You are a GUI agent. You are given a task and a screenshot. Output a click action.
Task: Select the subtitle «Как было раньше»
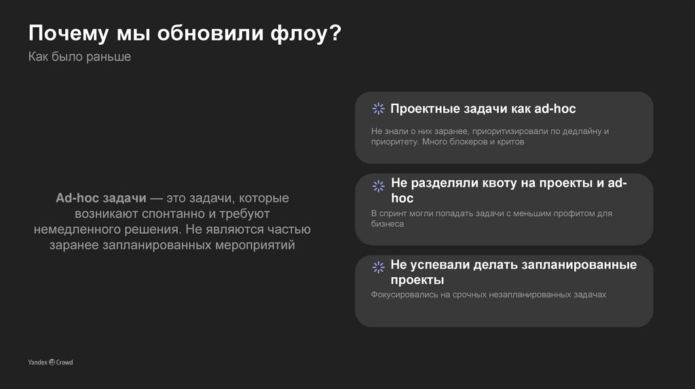coord(79,57)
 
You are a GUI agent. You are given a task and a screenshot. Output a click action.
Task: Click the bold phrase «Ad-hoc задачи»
coord(100,198)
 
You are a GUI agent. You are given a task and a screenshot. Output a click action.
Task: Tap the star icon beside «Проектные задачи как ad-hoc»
coord(378,109)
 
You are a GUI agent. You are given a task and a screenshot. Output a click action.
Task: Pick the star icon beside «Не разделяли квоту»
coord(378,185)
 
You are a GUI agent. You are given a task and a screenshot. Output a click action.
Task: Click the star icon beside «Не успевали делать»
coord(378,267)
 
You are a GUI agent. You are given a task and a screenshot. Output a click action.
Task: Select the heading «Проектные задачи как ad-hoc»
coord(483,108)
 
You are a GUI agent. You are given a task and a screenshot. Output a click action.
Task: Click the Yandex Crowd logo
coord(50,363)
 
